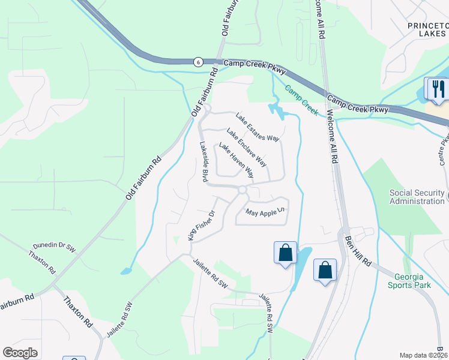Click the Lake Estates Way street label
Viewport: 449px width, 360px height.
click(x=258, y=127)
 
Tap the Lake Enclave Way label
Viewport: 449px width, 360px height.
click(x=247, y=147)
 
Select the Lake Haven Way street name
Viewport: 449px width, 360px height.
click(x=236, y=161)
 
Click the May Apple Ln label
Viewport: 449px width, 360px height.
click(x=264, y=212)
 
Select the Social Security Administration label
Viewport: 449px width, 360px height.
click(x=417, y=197)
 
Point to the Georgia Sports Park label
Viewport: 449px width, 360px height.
click(x=412, y=281)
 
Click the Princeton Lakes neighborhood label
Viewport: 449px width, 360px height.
click(x=427, y=30)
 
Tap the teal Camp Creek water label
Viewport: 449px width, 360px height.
click(x=301, y=100)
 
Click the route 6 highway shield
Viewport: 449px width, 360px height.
click(x=197, y=62)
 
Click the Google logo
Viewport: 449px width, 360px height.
click(x=20, y=353)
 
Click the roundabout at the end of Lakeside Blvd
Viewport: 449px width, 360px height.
click(x=242, y=190)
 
